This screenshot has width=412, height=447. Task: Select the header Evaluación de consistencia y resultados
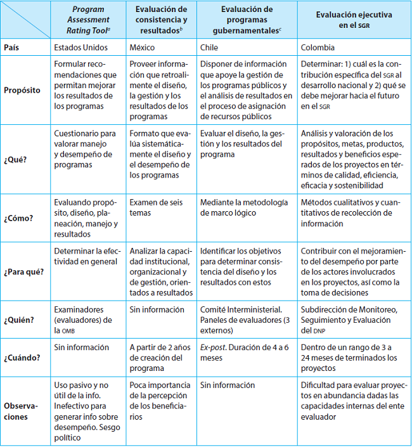pos(161,20)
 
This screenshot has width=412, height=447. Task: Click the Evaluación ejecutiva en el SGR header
pos(354,20)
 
